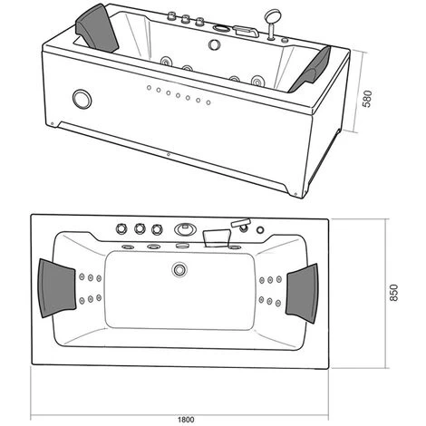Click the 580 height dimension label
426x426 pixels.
coord(367,99)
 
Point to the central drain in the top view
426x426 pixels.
coord(179,268)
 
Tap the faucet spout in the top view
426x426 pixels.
coord(216,237)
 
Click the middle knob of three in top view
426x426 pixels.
coord(142,228)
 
